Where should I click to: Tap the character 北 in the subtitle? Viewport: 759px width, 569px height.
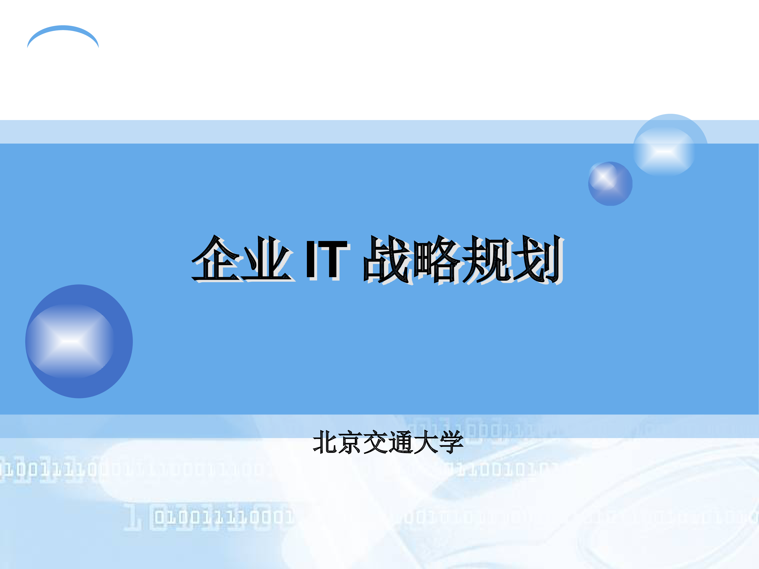click(325, 442)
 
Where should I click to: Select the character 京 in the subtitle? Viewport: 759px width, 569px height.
click(350, 442)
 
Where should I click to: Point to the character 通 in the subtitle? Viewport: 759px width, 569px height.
click(400, 442)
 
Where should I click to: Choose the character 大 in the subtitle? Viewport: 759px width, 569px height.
click(426, 442)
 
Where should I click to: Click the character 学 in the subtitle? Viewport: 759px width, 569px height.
click(451, 442)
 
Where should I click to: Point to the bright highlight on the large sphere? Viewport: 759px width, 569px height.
click(70, 341)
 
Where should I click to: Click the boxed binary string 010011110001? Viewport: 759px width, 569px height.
click(223, 517)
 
